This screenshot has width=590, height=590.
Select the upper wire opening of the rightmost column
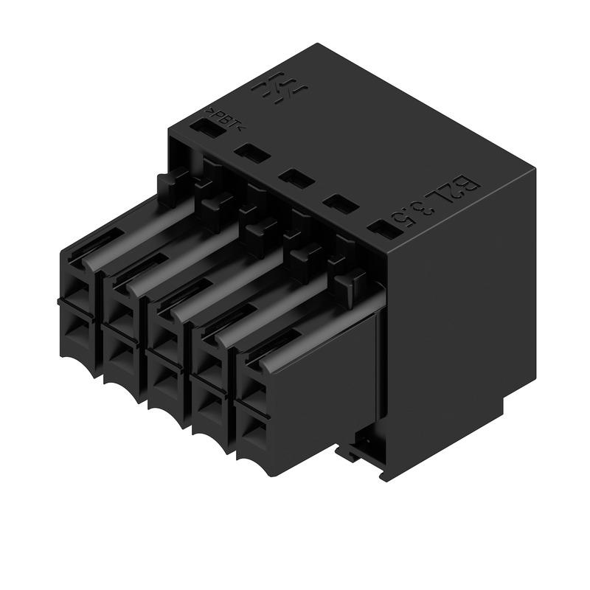coord(253,384)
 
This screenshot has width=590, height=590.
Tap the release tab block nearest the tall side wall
coord(350,282)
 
